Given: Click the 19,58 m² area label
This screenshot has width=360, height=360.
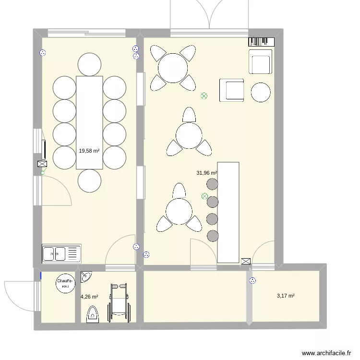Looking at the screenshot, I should click(x=89, y=151).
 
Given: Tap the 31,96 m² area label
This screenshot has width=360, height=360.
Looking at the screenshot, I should click(x=206, y=173).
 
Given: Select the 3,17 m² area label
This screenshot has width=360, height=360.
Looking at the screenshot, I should click(x=286, y=296).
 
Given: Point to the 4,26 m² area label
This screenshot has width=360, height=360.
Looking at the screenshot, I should click(x=89, y=297).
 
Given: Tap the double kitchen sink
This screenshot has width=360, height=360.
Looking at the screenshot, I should click(x=61, y=253).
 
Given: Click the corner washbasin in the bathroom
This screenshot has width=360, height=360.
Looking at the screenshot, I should click(x=86, y=277).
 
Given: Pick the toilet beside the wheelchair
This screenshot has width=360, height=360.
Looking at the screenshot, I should click(x=92, y=315).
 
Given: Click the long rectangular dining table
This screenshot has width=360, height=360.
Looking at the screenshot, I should click(x=89, y=122).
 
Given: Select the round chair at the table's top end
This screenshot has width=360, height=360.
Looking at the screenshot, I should click(x=89, y=64).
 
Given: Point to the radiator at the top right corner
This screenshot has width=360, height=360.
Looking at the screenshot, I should click(x=260, y=42).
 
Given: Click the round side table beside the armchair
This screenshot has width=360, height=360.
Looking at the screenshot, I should click(x=261, y=92).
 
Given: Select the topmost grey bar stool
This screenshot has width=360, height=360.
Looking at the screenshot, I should click(x=212, y=184).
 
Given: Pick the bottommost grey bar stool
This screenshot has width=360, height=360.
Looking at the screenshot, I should click(x=212, y=235).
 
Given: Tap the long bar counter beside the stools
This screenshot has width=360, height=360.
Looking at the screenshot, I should click(x=228, y=212).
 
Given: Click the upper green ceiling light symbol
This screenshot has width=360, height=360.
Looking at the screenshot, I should click(x=204, y=96).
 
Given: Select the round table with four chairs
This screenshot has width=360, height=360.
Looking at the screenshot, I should click(x=173, y=68).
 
